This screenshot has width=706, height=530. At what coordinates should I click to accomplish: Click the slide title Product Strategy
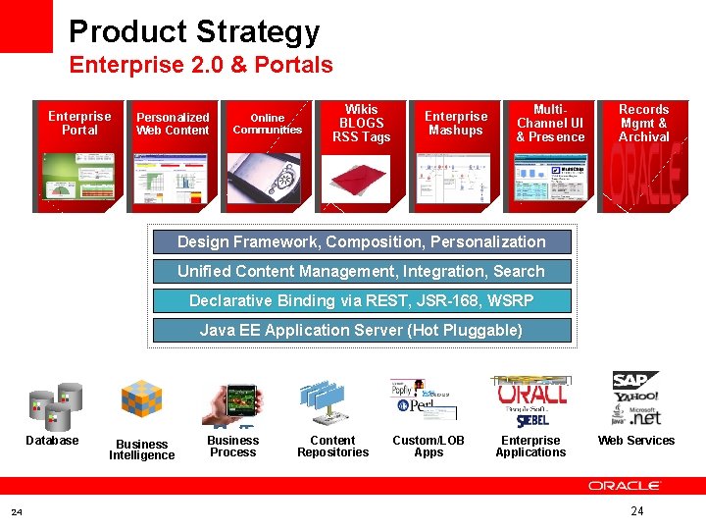[194, 31]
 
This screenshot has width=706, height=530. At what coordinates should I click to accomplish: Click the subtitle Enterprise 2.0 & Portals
[201, 66]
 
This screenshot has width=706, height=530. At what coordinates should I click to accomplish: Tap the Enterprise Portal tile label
[79, 123]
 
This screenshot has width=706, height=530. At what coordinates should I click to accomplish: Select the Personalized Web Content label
[173, 124]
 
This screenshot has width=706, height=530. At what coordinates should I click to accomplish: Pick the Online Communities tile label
[267, 124]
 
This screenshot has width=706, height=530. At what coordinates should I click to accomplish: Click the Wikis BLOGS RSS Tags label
[362, 124]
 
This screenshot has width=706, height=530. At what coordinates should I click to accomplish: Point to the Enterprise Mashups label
[456, 124]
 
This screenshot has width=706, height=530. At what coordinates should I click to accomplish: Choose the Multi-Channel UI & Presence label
[550, 124]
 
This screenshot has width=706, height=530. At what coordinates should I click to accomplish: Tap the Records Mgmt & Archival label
[644, 124]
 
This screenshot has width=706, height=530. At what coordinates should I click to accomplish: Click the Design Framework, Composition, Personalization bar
[362, 241]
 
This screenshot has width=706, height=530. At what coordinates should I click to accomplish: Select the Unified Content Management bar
[362, 271]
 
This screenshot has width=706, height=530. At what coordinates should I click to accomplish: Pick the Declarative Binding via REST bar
[362, 300]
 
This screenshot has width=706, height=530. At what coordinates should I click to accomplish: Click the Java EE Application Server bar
[362, 330]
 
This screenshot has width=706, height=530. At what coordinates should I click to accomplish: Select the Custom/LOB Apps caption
[429, 447]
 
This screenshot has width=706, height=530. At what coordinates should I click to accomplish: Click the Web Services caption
[636, 441]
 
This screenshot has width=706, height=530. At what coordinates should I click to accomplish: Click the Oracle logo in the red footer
[625, 486]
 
